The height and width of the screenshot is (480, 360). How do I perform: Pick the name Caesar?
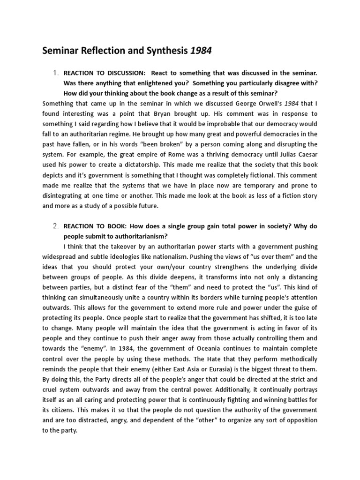306,155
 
